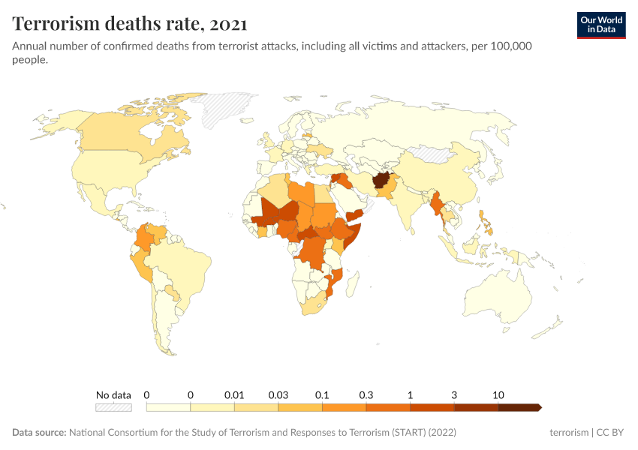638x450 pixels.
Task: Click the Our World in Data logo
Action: (x=600, y=25)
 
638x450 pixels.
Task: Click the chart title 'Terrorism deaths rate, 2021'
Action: (x=129, y=24)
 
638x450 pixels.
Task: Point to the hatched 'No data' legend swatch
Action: (x=113, y=407)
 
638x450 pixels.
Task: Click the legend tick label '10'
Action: (x=498, y=394)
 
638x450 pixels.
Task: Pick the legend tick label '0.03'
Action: (x=278, y=394)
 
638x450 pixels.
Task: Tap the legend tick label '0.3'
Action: (x=366, y=394)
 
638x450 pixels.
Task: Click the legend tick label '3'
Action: (x=454, y=394)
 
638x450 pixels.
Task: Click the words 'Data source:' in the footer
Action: (x=39, y=433)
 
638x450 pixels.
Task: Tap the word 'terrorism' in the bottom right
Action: (x=569, y=433)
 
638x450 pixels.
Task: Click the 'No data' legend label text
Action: (x=113, y=394)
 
